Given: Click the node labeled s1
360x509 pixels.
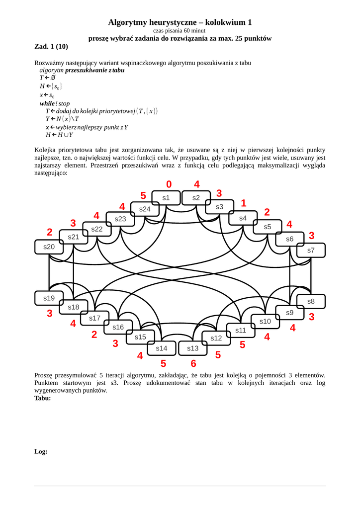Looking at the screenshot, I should [166, 198].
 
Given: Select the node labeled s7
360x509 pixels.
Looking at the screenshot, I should [311, 250].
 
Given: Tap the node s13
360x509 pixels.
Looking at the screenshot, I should [193, 348].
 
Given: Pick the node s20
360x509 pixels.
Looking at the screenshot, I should [49, 247].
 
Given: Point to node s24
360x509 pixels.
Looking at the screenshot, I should [145, 209].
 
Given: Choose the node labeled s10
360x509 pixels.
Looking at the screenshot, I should [265, 322].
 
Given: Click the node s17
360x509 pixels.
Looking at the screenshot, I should [94, 318].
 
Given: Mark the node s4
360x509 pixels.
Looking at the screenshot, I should [243, 218].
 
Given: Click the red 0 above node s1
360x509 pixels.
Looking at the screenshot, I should [169, 184].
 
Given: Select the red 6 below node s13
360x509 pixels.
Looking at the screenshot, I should [193, 363].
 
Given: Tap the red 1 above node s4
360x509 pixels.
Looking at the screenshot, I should [244, 203].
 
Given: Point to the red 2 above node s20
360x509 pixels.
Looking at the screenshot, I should [50, 232].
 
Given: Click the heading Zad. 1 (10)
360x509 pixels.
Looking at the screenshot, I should [51, 47].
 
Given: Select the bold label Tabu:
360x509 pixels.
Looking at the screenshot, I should [42, 398].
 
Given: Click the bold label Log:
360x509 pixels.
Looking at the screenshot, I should [41, 451].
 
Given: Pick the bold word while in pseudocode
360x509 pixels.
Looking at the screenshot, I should [48, 103].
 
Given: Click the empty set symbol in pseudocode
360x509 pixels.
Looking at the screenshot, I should [53, 78].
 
